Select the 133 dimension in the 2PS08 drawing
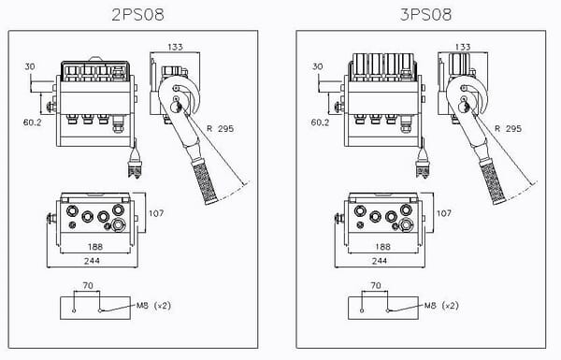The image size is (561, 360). coord(177,46)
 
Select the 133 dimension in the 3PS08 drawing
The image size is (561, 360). coord(462,46)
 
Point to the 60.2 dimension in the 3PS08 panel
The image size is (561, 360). coord(319,122)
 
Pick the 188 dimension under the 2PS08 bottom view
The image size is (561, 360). coord(94,247)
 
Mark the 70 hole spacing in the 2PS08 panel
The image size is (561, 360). coord(88,288)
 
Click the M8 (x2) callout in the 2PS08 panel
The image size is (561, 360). coord(154,306)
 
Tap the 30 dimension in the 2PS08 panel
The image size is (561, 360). coord(30,66)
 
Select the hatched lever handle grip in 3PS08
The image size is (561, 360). coord(491,179)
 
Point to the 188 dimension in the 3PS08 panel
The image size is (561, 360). coord(381,247)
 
